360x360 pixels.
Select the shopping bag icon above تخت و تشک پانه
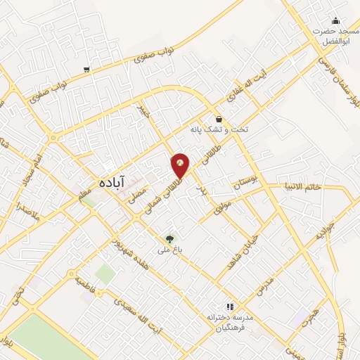click(219, 120)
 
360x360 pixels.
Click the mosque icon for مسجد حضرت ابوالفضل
click(335, 20)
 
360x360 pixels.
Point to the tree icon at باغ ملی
click(169, 238)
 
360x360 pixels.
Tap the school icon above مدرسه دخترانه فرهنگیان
click(229, 307)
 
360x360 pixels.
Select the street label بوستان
click(241, 184)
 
